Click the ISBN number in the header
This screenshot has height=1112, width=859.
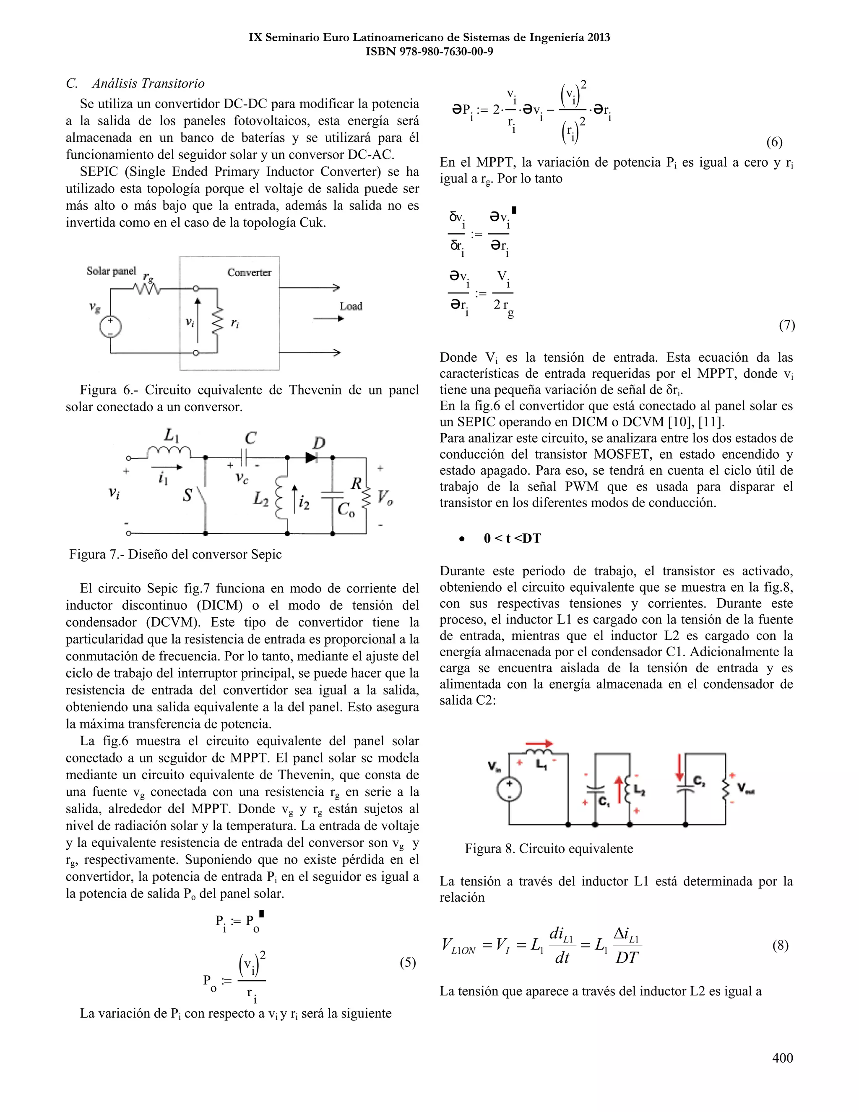[429, 52]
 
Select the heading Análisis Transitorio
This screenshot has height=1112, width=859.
[148, 84]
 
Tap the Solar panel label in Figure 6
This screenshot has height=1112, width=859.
[111, 271]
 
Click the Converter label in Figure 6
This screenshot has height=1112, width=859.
[249, 272]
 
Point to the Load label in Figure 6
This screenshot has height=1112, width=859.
[351, 306]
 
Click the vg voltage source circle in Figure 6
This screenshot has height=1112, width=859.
[110, 326]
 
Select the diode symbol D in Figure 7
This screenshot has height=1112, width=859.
[312, 457]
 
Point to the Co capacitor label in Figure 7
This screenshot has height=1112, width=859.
[346, 509]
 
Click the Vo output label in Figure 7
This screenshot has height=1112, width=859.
[385, 496]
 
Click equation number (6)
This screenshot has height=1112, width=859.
[774, 142]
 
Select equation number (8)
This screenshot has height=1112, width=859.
[780, 945]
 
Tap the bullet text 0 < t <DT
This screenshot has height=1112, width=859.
[512, 538]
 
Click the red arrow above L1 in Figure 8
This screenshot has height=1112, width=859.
[539, 744]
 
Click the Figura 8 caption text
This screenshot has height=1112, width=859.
[549, 849]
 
